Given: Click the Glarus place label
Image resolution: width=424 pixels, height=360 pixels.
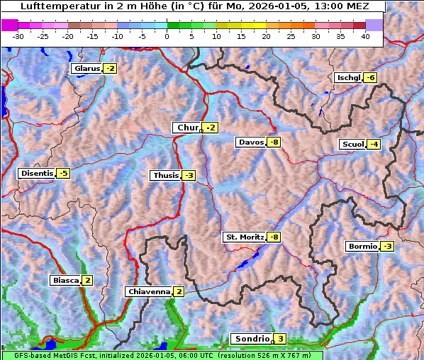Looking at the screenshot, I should click(x=86, y=69).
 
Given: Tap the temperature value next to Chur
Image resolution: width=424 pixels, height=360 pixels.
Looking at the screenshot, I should click(x=211, y=128).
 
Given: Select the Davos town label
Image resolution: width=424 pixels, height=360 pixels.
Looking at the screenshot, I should click(x=251, y=142).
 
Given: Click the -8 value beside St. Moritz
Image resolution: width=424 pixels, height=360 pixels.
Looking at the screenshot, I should click(x=274, y=237).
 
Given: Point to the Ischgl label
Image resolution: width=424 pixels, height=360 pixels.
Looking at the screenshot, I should click(x=348, y=77).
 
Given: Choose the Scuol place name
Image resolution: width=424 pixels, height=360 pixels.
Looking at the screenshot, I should click(x=352, y=145).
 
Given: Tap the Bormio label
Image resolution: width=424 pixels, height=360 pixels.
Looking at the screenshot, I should click(x=362, y=247).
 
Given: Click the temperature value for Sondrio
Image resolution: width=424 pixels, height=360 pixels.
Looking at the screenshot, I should click(x=281, y=339).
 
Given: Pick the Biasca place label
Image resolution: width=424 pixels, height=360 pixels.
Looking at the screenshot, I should click(x=65, y=281).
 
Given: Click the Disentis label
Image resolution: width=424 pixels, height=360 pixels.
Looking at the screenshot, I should click(x=36, y=173).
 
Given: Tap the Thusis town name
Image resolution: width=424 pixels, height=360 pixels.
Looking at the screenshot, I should click(x=165, y=175).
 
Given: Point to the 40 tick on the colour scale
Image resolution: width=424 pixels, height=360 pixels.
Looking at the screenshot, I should click(x=365, y=36).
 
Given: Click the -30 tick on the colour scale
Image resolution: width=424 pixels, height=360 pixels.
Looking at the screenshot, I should click(x=18, y=36).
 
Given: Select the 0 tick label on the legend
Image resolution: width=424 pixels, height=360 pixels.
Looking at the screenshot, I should click(x=167, y=36).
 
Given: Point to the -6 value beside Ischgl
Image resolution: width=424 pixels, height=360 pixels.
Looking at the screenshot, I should click(x=372, y=77).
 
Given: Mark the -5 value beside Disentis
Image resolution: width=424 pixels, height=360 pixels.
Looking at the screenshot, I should click(x=64, y=173).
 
